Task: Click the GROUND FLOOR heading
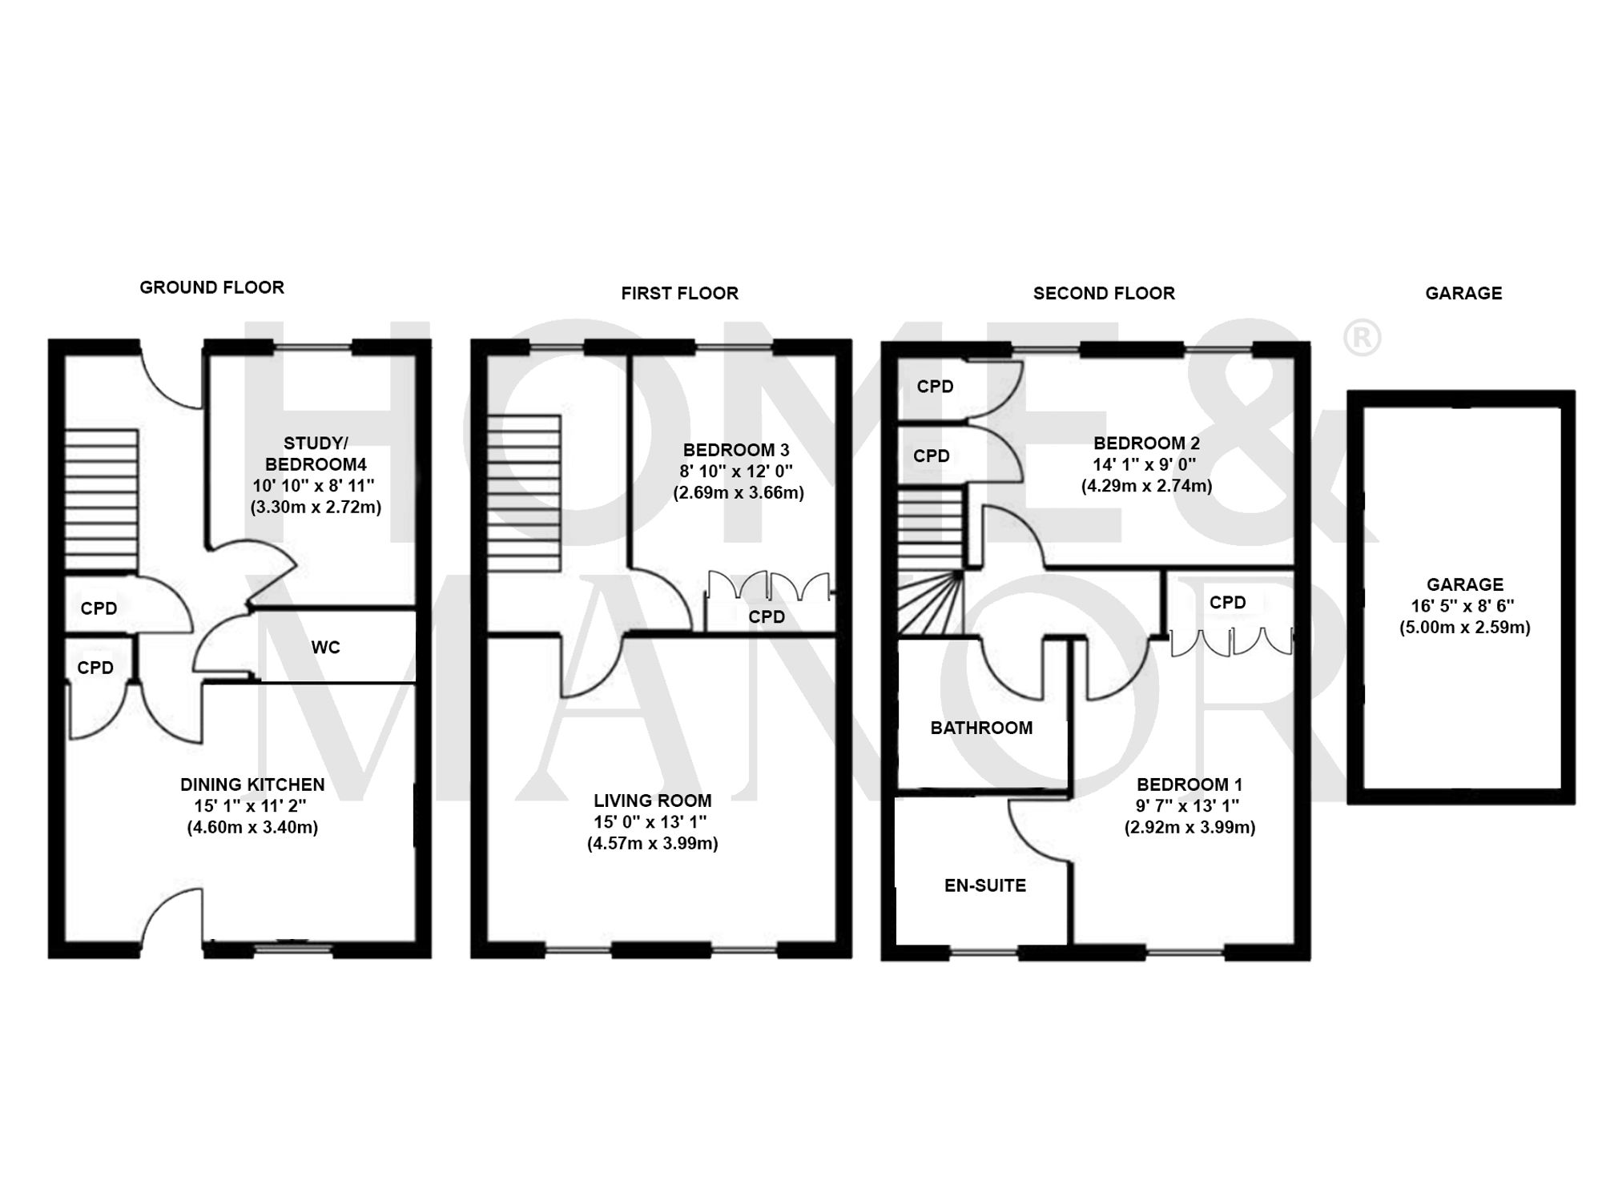(x=211, y=287)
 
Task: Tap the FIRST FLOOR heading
(x=679, y=294)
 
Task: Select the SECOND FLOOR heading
(x=1104, y=294)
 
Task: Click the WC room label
(x=325, y=648)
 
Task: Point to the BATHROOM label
(x=981, y=728)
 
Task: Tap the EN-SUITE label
(x=985, y=885)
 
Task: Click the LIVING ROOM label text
(x=652, y=801)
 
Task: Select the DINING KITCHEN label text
(x=252, y=785)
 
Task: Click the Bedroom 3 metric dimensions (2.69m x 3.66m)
(x=738, y=492)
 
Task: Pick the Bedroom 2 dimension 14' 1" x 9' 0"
(x=1145, y=464)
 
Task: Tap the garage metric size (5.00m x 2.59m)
(x=1464, y=628)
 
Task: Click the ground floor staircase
(x=101, y=500)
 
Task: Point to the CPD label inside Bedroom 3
(x=767, y=617)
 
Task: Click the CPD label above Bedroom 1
(x=1227, y=603)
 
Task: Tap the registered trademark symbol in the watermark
(x=1361, y=338)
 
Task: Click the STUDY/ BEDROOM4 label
(x=316, y=454)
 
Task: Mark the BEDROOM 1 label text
(x=1189, y=785)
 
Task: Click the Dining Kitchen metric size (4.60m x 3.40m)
(x=252, y=828)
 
